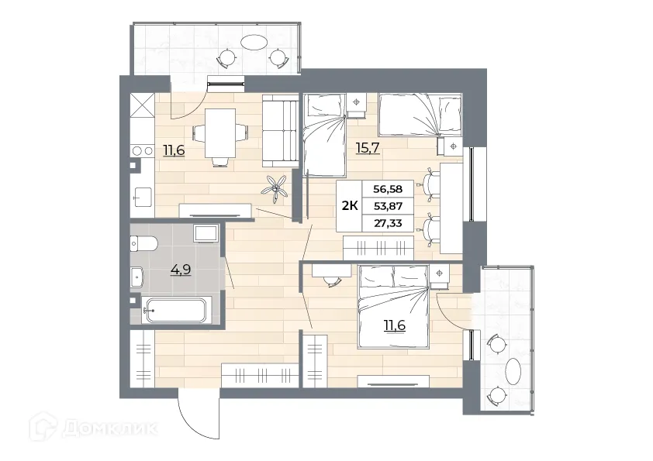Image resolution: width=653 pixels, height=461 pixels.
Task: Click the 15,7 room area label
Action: click(368, 147)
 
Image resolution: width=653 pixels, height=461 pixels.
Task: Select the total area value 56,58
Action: click(388, 188)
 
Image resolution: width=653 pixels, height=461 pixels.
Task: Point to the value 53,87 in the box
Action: click(388, 205)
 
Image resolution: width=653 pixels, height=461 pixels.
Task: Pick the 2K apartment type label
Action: click(350, 205)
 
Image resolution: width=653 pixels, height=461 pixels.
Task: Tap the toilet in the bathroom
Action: click(146, 244)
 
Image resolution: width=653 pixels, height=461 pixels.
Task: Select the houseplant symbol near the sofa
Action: click(277, 187)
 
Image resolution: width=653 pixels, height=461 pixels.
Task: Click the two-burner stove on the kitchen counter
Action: click(141, 151)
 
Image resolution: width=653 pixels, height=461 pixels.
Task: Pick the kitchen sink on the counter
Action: click(140, 197)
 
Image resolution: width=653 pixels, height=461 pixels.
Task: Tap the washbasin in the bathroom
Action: click(139, 275)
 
